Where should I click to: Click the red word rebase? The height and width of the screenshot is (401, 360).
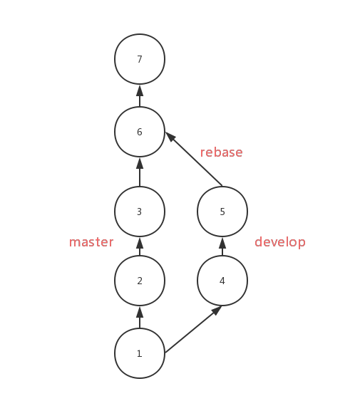(221, 152)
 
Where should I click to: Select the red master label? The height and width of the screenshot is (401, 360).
(91, 242)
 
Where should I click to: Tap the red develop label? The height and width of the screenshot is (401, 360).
(280, 242)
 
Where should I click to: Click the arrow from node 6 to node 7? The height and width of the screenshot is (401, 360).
(140, 95)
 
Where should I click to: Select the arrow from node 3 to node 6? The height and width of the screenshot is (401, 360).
(140, 172)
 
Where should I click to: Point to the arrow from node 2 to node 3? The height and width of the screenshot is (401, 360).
(140, 246)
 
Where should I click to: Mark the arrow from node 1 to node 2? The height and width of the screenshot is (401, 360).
(140, 317)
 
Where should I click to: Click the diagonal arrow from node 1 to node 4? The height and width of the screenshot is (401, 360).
(193, 329)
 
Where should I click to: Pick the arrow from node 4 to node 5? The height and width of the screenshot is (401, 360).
(222, 246)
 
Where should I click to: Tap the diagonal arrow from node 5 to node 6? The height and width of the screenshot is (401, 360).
(194, 159)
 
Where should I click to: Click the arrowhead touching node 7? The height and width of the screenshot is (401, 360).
(140, 90)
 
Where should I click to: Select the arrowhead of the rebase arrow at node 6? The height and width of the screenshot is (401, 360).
(171, 137)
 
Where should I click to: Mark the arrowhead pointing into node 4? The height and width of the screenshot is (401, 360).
(217, 311)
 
